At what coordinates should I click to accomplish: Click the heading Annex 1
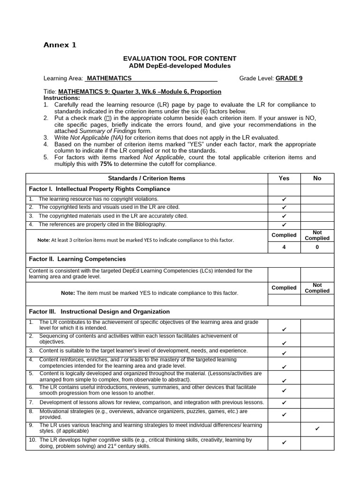[x=60, y=45]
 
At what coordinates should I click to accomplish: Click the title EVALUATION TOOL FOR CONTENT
[x=180, y=58]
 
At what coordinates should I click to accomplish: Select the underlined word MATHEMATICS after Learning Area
[x=109, y=78]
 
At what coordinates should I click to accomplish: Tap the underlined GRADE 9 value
[x=289, y=78]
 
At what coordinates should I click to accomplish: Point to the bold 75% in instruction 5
[x=106, y=164]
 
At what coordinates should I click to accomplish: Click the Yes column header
[x=284, y=178]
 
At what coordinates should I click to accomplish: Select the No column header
[x=317, y=178]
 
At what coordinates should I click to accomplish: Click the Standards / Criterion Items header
[x=146, y=178]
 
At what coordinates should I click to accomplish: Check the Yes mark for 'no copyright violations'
[x=284, y=199]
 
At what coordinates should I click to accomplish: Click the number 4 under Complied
[x=284, y=247]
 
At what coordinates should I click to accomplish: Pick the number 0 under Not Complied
[x=317, y=247]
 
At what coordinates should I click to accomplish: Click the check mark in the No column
[x=317, y=428]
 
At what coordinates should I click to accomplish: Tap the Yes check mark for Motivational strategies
[x=284, y=414]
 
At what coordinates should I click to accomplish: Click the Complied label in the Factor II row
[x=284, y=288]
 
